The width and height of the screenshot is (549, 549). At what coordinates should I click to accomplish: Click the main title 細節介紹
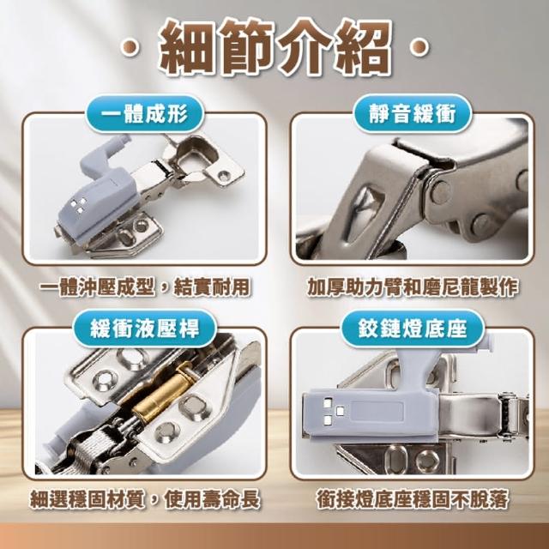coord(275,46)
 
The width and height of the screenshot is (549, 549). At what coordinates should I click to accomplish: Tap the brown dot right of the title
coord(419,47)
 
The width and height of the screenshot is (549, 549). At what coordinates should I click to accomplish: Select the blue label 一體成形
coord(144,113)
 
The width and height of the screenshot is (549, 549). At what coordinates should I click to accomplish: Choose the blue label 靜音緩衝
coord(413,113)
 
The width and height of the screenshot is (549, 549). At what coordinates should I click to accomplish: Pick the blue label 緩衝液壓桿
coord(144,329)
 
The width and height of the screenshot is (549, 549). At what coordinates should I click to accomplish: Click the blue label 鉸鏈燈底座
coord(413,329)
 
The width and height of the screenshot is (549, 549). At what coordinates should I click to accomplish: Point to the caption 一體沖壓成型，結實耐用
coord(144,288)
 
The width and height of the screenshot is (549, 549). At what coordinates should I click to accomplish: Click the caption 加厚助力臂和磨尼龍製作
coord(413,288)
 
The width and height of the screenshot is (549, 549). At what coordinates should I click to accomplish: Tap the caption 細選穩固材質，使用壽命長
coord(145,498)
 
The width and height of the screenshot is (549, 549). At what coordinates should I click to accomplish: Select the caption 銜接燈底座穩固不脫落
coord(413,498)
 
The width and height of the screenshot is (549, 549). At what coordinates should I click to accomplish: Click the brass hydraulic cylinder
coord(164,391)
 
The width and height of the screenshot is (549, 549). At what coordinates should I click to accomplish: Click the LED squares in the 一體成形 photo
coord(79,204)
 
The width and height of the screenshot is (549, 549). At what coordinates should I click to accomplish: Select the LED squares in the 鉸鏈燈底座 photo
coord(333,411)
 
